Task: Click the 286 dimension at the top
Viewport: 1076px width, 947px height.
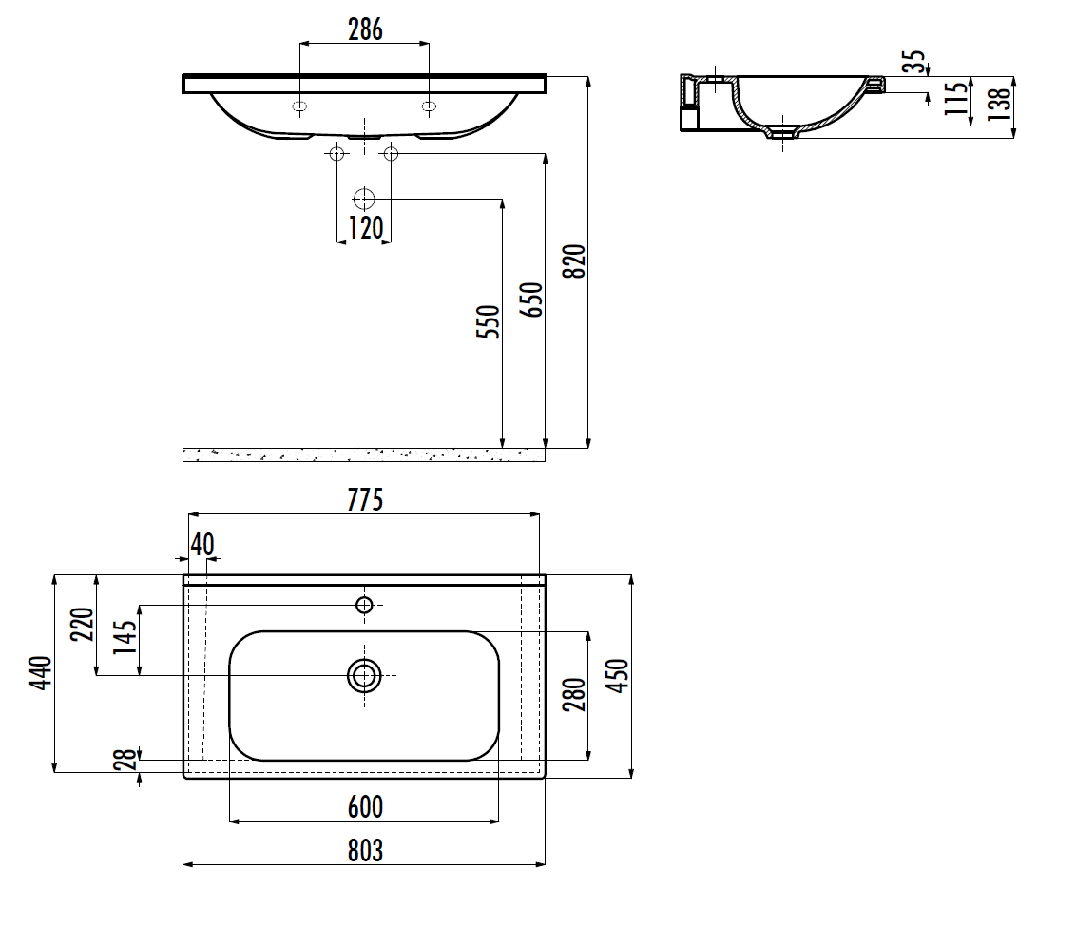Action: [x=365, y=29]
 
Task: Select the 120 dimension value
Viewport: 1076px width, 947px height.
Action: [x=366, y=228]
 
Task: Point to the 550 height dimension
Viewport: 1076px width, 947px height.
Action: [x=488, y=321]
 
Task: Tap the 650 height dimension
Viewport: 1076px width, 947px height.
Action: [x=531, y=300]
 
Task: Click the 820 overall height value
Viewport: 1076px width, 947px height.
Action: [x=574, y=261]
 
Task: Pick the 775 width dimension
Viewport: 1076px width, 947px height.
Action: [x=365, y=499]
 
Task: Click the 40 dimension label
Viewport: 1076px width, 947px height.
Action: [x=202, y=545]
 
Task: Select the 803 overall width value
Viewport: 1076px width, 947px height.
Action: [x=365, y=851]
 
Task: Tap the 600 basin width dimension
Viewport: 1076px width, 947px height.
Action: [x=365, y=807]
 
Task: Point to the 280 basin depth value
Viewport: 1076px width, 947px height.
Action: [x=574, y=694]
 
